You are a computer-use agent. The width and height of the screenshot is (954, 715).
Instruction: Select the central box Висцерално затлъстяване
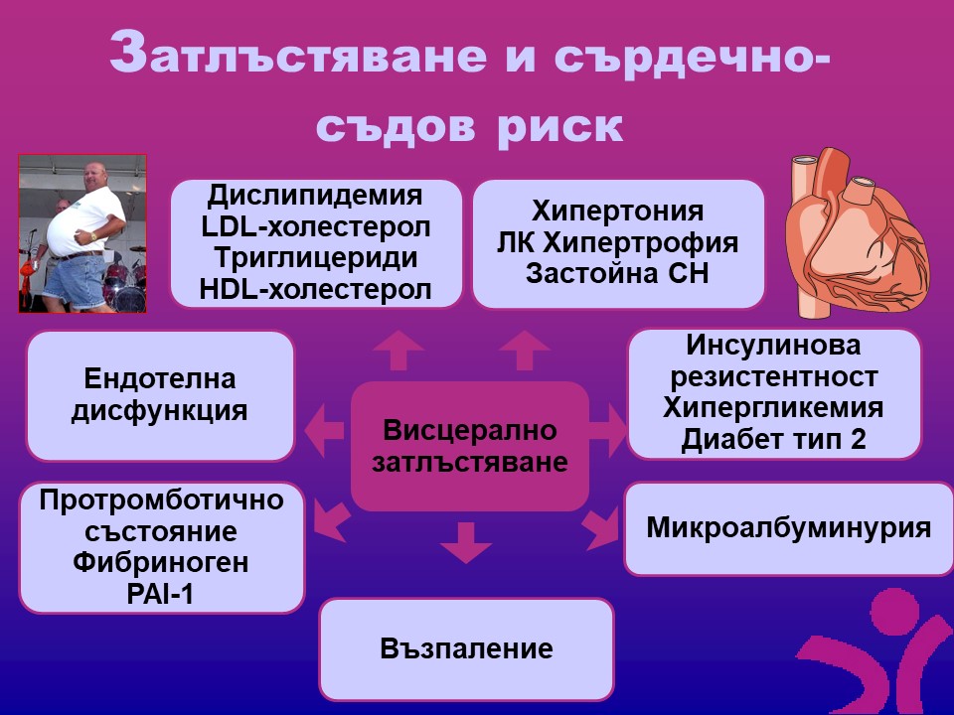(x=470, y=446)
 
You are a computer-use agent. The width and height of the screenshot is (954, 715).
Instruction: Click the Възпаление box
(x=466, y=649)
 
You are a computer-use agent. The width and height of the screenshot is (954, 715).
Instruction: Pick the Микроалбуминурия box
(x=788, y=527)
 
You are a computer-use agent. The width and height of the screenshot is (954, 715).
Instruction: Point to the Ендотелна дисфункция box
(x=160, y=394)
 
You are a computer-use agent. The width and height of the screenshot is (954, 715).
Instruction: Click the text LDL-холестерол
(x=316, y=226)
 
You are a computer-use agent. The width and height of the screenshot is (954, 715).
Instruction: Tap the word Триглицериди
(x=316, y=257)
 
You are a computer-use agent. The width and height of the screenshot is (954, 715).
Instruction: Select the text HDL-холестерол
(x=316, y=289)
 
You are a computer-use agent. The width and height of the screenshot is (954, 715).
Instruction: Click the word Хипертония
(x=617, y=212)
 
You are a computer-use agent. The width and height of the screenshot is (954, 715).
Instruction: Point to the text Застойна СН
(x=617, y=274)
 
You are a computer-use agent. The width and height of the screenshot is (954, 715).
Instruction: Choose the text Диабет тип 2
(x=773, y=439)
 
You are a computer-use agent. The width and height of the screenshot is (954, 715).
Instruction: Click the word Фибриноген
(x=161, y=563)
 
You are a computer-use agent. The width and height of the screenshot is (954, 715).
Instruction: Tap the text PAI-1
(x=161, y=594)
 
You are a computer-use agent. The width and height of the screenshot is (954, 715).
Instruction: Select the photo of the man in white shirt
(x=83, y=233)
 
